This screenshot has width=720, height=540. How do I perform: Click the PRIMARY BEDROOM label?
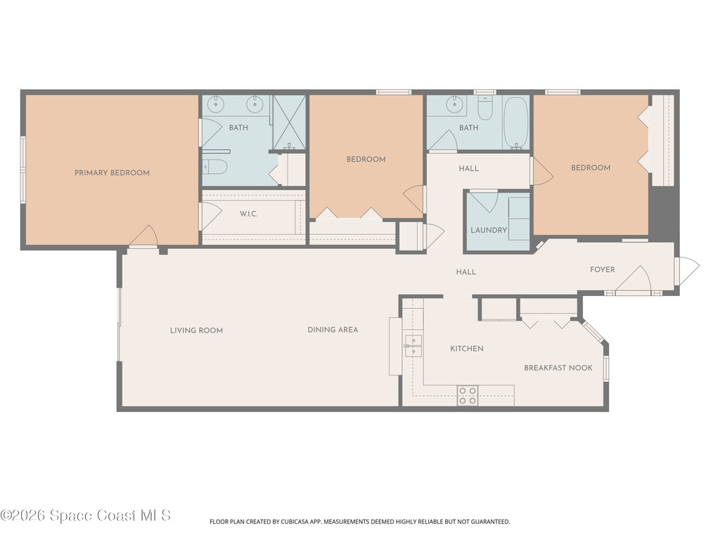click(112, 173)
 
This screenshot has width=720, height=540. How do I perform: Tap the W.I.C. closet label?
click(248, 214)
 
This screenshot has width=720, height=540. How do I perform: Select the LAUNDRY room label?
click(489, 231)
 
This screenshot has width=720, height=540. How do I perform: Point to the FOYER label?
click(602, 270)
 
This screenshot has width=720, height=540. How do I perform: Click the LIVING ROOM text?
click(196, 330)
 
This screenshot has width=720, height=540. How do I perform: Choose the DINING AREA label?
click(333, 330)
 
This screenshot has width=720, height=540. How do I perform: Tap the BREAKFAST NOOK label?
click(558, 368)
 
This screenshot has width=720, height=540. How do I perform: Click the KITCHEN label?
click(467, 349)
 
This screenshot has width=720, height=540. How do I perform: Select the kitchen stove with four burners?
click(468, 396)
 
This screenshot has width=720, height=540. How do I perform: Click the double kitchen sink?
click(413, 346)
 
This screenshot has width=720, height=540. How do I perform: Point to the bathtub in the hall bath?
click(516, 122)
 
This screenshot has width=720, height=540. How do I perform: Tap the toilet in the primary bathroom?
click(215, 167)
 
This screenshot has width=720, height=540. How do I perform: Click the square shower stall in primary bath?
click(289, 122)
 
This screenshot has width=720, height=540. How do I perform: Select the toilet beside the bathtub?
click(485, 108)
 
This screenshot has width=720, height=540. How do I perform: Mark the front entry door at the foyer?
click(686, 271)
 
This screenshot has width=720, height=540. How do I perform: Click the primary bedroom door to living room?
click(144, 237)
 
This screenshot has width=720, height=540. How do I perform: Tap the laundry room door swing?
click(484, 201)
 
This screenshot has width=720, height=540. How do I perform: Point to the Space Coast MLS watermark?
click(86, 515)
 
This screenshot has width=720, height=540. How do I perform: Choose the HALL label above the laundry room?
click(468, 169)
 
